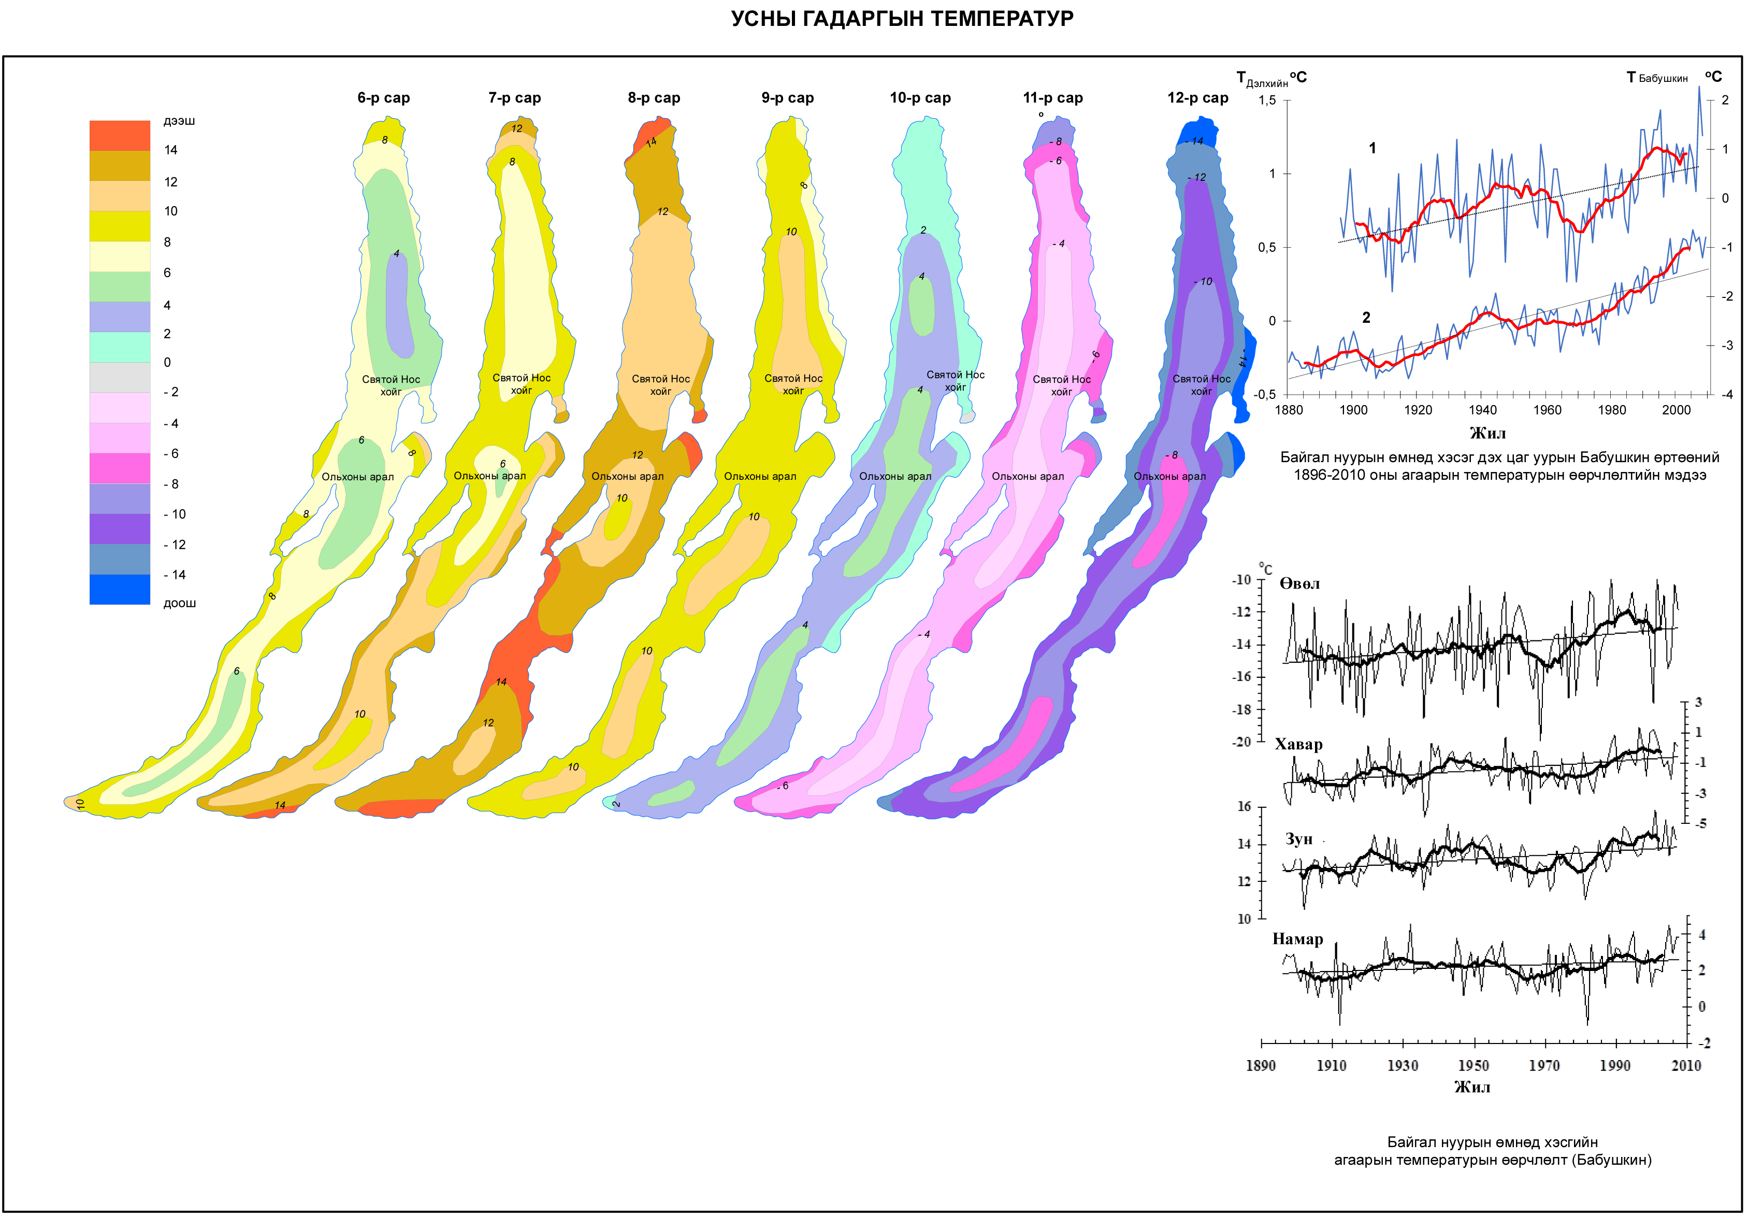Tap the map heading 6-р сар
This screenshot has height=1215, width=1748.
tap(384, 97)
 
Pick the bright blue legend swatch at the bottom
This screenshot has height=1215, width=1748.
tap(120, 589)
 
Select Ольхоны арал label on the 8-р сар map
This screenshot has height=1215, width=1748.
tap(627, 477)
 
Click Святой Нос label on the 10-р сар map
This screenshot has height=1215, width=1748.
tap(955, 375)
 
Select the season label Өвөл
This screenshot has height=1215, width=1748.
tap(1299, 584)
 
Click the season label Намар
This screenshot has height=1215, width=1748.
tap(1297, 939)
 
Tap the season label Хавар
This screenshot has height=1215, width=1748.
tap(1298, 744)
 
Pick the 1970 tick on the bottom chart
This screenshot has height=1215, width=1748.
tap(1544, 1066)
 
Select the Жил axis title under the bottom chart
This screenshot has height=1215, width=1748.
tap(1472, 1087)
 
